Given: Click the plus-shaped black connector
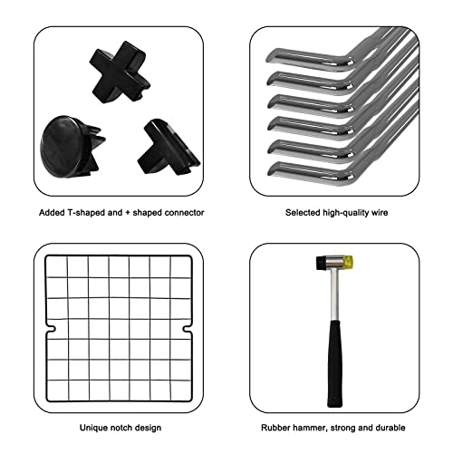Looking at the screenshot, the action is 120,72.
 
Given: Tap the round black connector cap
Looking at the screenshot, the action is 71,147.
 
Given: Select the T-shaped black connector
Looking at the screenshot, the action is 168,147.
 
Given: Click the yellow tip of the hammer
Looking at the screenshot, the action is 348,263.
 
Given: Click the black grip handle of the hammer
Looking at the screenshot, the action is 335,363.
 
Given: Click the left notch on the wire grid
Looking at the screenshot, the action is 51,329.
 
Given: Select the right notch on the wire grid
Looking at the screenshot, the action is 187,329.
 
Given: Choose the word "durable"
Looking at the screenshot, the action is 390,428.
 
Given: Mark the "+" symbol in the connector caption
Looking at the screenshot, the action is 128,213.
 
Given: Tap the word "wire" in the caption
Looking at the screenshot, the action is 380,213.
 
